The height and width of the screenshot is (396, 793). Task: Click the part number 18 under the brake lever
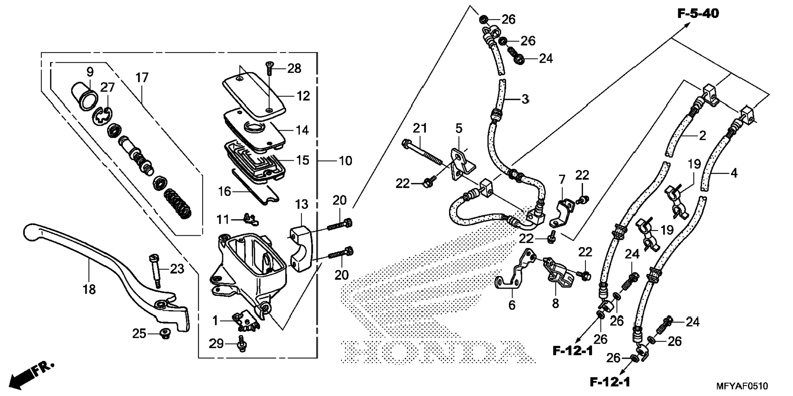pos(89,289)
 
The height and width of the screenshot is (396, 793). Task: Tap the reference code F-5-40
pos(698,14)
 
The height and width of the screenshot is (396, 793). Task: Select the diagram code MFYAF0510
pos(742,386)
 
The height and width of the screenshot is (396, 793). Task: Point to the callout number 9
pos(90,72)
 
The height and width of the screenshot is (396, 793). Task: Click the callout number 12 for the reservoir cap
pos(303,96)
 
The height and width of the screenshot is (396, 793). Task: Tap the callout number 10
pos(345,161)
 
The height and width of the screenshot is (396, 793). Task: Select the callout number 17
pos(142,77)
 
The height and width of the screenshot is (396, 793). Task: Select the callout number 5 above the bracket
pos(458,128)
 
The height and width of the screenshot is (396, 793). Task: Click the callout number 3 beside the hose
pos(525,99)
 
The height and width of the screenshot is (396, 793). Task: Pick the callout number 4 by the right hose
pos(734,173)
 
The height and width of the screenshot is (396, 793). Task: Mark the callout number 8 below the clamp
pos(555,303)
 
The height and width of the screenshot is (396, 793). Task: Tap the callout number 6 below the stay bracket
pos(511,305)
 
